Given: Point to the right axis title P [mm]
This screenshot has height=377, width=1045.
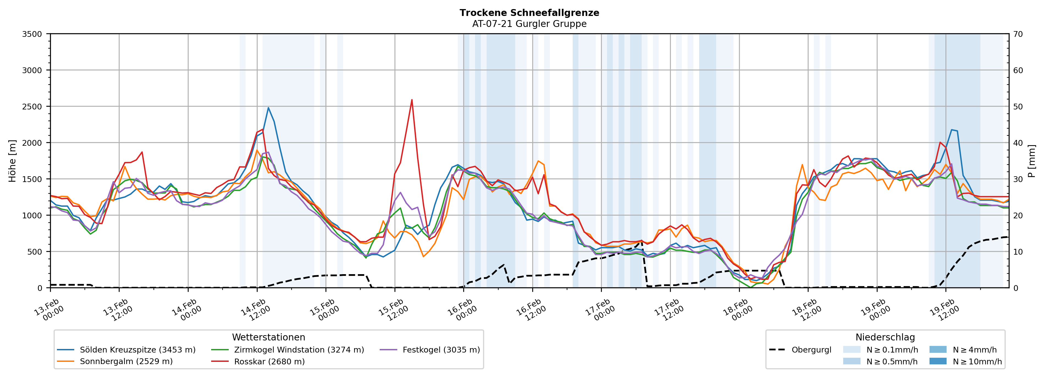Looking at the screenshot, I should pos(1032,161).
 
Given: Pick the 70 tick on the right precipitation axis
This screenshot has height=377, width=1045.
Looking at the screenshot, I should pos(1018,34).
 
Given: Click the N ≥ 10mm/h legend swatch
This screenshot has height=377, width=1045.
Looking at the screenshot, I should pos(938,361).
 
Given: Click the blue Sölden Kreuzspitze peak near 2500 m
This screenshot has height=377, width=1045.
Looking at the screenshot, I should pos(268,108).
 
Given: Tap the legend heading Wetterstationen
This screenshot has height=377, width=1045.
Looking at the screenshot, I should pos(269,337).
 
